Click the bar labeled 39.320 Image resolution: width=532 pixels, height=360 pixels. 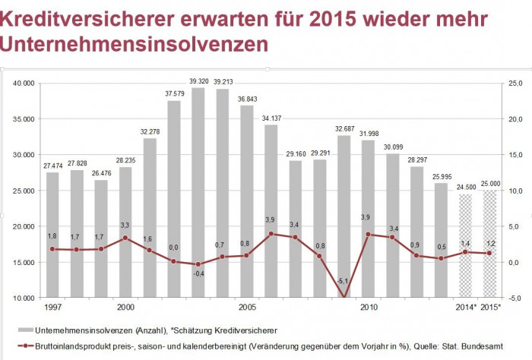pos(198,190)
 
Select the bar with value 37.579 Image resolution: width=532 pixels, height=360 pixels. pos(174,197)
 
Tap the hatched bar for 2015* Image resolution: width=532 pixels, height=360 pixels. pos(490,243)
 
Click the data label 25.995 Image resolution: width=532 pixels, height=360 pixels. pos(442,176)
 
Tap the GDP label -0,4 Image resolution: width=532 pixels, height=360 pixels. pos(198,273)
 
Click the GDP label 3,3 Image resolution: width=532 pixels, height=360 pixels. pos(125,226)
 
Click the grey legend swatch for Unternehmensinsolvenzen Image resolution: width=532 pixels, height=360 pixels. pos(31,330)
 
